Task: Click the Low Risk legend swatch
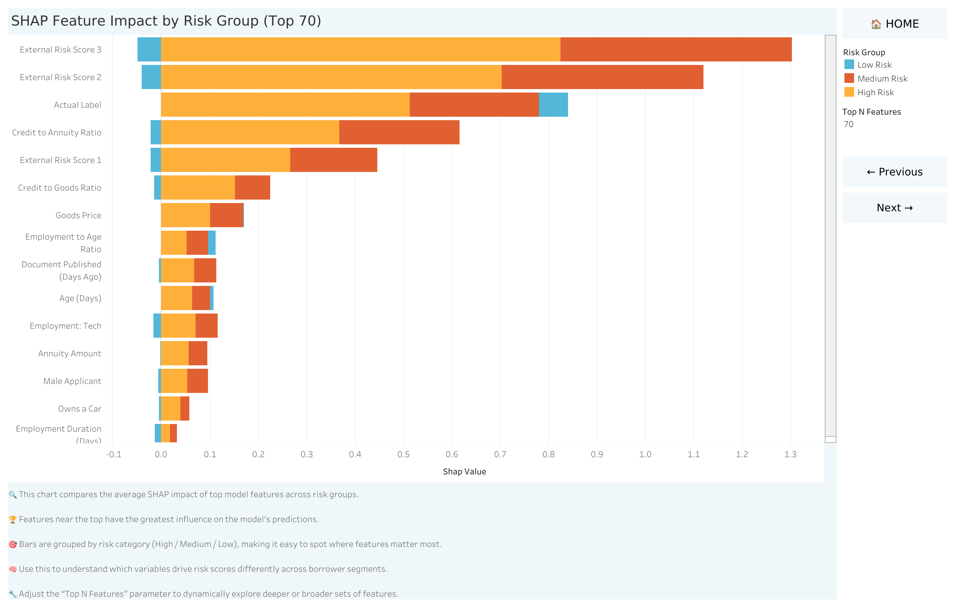coord(849,65)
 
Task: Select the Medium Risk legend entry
coord(882,78)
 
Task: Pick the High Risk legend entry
coord(875,92)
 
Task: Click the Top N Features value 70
coord(848,124)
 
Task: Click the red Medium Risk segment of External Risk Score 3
coord(675,49)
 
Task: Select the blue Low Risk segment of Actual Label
coord(553,105)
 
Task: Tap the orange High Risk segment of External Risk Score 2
coord(331,77)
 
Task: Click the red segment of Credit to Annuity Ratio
coord(399,132)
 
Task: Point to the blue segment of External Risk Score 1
coord(156,160)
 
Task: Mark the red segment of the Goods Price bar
coord(226,215)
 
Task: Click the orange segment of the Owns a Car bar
coord(171,408)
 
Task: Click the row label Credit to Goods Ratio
coord(59,188)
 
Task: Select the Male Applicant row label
coord(72,381)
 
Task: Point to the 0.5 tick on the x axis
coord(403,454)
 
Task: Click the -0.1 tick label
coord(114,454)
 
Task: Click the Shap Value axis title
coord(464,472)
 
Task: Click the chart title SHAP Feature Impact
coord(166,21)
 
